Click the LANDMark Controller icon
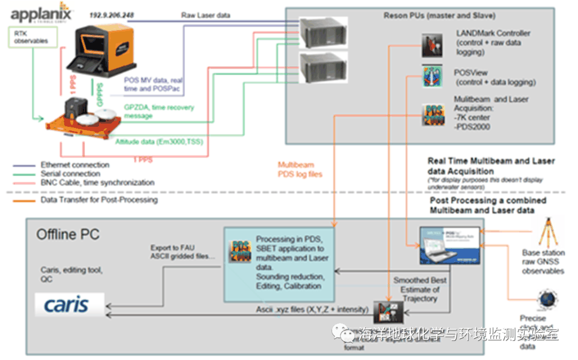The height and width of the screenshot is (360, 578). (432, 45)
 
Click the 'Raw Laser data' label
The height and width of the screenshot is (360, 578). (206, 16)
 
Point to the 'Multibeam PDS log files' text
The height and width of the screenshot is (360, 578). (300, 170)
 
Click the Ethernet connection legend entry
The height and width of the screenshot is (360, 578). (75, 165)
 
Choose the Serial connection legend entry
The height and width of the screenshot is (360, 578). (70, 173)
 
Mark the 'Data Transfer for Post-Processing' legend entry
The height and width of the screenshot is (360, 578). (99, 200)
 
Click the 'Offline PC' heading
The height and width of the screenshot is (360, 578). (68, 234)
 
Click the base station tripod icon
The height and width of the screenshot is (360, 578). (546, 230)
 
